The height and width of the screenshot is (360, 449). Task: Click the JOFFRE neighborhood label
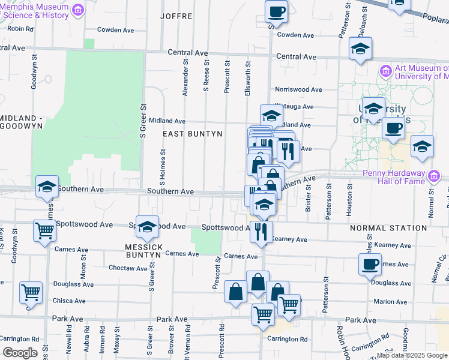coord(176,16)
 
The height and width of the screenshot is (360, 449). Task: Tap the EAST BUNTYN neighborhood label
coord(193,134)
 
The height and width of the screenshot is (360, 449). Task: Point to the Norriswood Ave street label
coord(298,89)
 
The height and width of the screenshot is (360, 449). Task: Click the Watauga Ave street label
coord(295,107)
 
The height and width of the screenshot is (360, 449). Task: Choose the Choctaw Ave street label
coord(129,268)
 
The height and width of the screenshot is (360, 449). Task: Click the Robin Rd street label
coord(20,28)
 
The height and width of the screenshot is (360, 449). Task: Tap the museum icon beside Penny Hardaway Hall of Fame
coord(432,176)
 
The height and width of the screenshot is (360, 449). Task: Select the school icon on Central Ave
coord(360,49)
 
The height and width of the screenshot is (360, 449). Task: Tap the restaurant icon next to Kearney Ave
coord(261,231)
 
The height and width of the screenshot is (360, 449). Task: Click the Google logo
coord(20,353)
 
